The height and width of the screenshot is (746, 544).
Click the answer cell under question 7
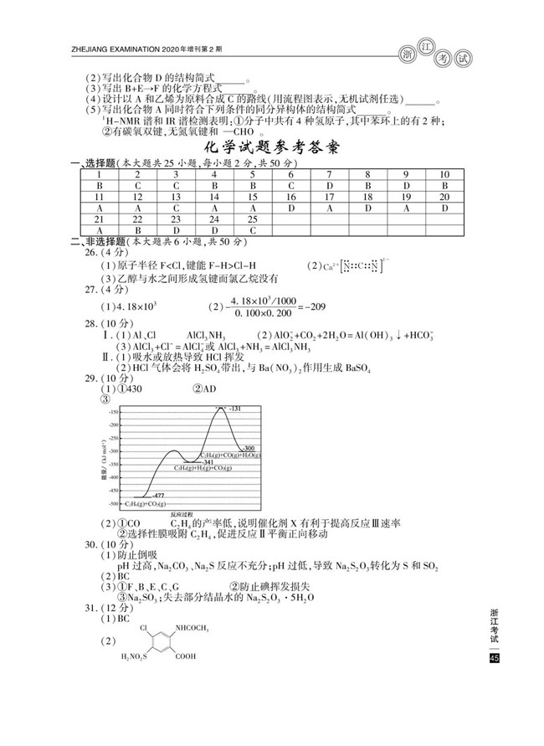tap(330, 186)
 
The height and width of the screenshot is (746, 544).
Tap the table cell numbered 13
tap(177, 197)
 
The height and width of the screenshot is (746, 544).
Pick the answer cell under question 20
tap(444, 208)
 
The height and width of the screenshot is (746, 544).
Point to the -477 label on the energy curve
tap(157, 496)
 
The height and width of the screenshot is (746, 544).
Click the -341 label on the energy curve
tap(208, 461)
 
